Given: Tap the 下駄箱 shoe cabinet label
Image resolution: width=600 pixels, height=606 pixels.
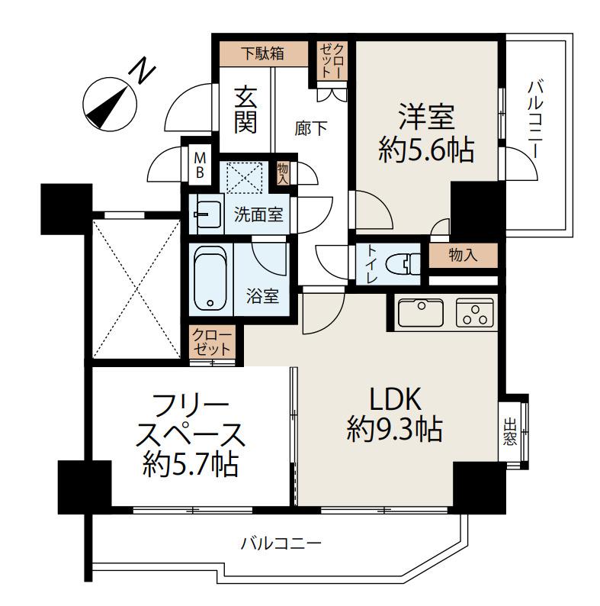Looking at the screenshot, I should pyautogui.click(x=264, y=53).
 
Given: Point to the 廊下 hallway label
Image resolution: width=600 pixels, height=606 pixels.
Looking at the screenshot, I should pyautogui.click(x=311, y=128).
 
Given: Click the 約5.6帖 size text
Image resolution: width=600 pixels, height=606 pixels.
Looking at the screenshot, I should pyautogui.click(x=426, y=150).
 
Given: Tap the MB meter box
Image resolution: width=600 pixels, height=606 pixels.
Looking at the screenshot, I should pyautogui.click(x=199, y=164).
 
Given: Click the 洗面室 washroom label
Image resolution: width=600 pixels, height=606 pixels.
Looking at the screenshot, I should pyautogui.click(x=258, y=214).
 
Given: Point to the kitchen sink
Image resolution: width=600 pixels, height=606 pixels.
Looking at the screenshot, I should pyautogui.click(x=420, y=313).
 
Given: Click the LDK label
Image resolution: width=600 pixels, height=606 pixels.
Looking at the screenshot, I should pyautogui.click(x=395, y=399).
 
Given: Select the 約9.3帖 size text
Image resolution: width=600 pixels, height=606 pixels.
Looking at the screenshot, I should pyautogui.click(x=395, y=430).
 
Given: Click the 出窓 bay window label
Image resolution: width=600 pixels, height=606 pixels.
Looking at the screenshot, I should pyautogui.click(x=509, y=432).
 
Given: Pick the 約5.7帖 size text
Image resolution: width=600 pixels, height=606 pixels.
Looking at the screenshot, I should pyautogui.click(x=189, y=463).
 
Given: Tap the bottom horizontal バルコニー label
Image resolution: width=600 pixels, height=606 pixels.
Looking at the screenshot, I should pyautogui.click(x=281, y=544).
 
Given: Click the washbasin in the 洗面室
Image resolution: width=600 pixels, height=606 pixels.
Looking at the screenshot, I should pyautogui.click(x=207, y=214).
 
